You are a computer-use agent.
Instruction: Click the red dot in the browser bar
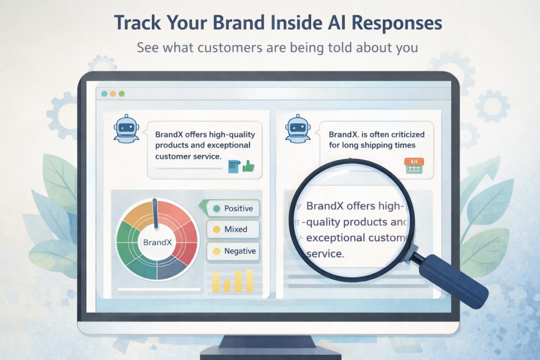point(104,94)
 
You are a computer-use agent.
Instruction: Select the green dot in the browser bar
point(122,94)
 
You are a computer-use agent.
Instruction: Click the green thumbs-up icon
point(248,167)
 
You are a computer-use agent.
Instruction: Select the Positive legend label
point(238,208)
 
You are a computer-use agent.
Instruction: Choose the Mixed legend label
point(235,229)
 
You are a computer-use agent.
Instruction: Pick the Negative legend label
point(239,251)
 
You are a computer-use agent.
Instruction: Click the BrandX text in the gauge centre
point(156,243)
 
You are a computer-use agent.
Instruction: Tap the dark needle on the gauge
point(155,213)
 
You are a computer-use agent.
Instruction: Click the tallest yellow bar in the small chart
point(249,280)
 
